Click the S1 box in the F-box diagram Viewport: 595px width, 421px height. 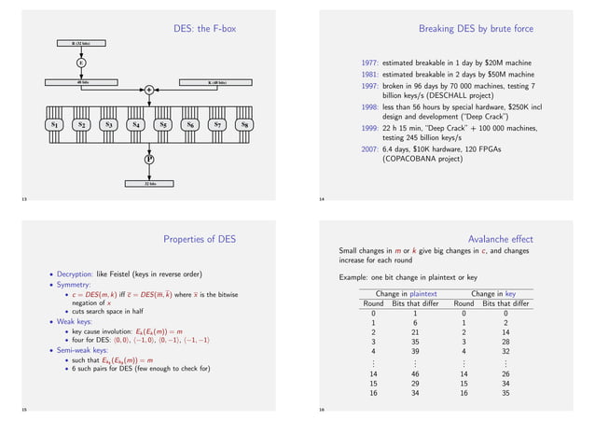54,124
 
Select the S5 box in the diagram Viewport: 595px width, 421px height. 162,124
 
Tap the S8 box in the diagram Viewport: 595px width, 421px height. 244,124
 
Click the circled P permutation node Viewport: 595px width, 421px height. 148,160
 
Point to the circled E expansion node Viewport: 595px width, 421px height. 81,63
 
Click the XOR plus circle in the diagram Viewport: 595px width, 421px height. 148,90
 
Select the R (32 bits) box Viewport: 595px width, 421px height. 81,43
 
